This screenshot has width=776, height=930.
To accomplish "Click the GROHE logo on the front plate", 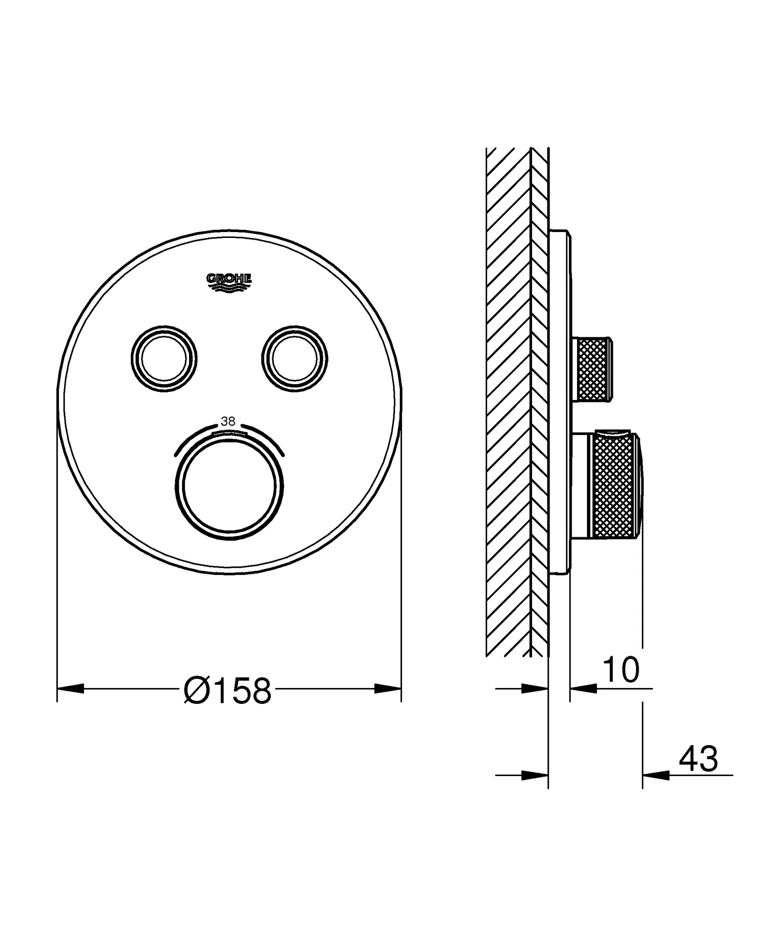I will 229,282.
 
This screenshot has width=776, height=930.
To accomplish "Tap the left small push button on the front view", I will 164,359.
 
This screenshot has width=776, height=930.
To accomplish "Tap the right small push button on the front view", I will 294,359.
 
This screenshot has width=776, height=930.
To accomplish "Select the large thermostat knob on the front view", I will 229,485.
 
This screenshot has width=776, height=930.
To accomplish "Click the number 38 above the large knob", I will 228,421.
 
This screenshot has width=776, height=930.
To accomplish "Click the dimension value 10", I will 621,670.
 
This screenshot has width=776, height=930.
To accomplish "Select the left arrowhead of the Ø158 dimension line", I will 70,689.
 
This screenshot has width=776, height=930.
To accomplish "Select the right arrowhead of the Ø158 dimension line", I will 388,689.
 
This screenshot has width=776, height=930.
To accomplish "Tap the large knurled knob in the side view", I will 616,486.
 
